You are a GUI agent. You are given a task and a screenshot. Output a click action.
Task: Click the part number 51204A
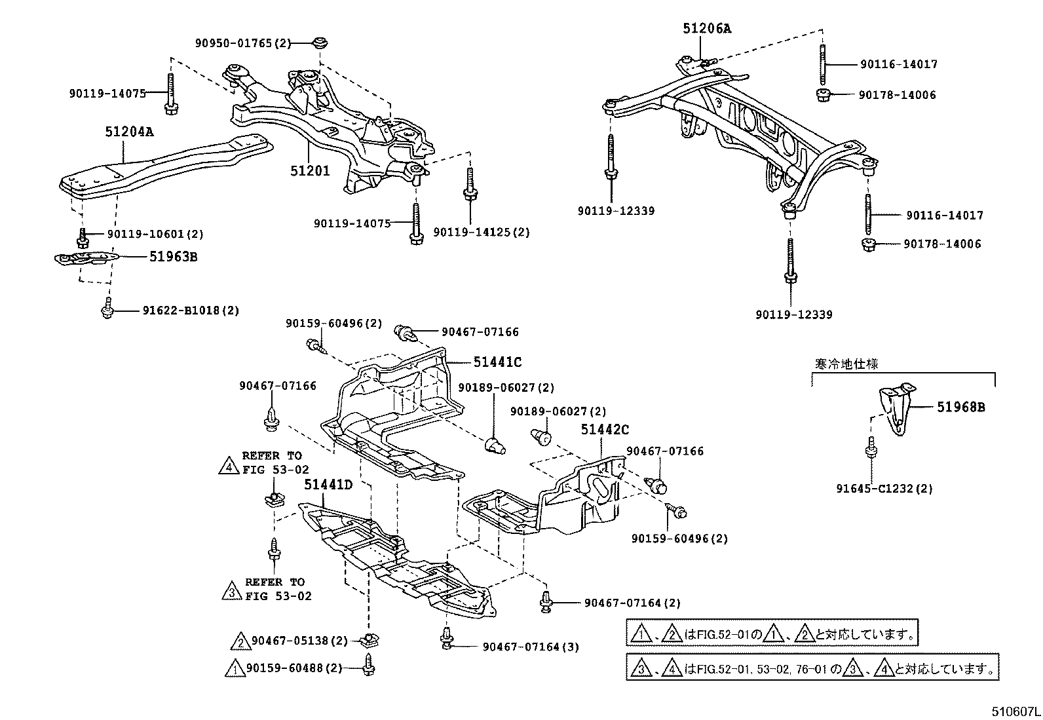pyautogui.click(x=129, y=132)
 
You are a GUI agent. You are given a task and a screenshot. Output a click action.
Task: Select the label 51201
pyautogui.click(x=311, y=171)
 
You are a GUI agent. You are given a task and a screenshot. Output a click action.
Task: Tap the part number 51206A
pyautogui.click(x=706, y=28)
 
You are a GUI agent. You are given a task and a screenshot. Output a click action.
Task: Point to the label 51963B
pyautogui.click(x=173, y=257)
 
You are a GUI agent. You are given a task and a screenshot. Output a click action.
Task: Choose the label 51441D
pyautogui.click(x=328, y=485)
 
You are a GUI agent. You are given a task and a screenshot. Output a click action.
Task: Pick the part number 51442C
pyautogui.click(x=605, y=430)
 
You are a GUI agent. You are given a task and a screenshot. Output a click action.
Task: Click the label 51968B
pyautogui.click(x=960, y=407)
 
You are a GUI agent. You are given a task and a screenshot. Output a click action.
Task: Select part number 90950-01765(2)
pyautogui.click(x=242, y=43)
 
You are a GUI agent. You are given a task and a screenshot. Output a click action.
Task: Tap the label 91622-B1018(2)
pyautogui.click(x=191, y=311)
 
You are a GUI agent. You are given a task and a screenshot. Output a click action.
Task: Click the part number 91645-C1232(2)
pyautogui.click(x=884, y=489)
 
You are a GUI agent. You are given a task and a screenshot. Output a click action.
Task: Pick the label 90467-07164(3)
pyautogui.click(x=531, y=647)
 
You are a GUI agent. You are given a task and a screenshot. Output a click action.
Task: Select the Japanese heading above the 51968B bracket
pyautogui.click(x=846, y=364)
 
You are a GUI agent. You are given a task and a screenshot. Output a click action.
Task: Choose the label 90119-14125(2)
pyautogui.click(x=482, y=233)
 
